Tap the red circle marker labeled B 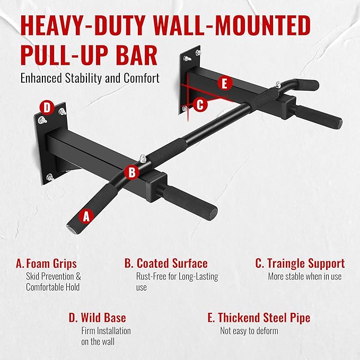point(131,172)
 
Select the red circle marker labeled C point(200,104)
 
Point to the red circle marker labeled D point(48,108)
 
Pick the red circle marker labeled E point(225,83)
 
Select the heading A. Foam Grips point(46,264)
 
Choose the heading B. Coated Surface point(166,264)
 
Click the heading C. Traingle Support point(300,264)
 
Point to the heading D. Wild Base point(97,318)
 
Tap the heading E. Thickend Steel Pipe point(259,318)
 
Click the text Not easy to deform point(249,331)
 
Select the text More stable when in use point(304,276)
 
